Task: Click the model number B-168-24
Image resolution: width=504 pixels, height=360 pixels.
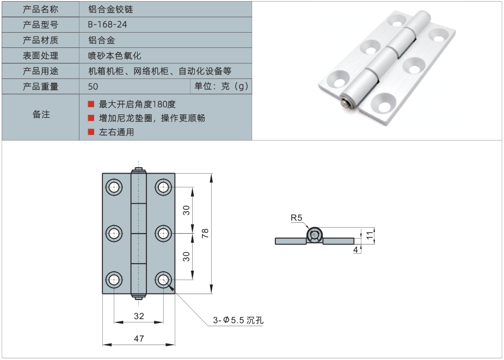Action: point(107,25)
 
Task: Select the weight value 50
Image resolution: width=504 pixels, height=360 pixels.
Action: point(93,87)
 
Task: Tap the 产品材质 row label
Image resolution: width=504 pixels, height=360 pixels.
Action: point(40,40)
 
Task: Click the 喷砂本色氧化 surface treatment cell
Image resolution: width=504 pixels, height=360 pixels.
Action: point(115,56)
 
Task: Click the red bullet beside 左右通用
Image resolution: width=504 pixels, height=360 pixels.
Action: point(91,132)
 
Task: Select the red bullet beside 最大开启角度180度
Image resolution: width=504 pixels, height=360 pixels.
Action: point(91,103)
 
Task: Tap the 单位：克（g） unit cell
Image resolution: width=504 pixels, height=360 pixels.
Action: point(221,87)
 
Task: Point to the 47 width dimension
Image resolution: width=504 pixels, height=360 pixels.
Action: point(139,339)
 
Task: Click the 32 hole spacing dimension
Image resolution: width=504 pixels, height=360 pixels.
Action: point(139,316)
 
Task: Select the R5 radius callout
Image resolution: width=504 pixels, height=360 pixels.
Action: point(296,218)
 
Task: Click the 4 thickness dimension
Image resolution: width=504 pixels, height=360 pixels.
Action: point(355,249)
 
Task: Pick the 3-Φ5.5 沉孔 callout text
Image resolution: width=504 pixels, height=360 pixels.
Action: point(238,320)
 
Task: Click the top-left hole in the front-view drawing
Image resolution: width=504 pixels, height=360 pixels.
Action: point(114,188)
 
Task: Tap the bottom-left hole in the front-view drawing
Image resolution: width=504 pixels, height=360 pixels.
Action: point(114,280)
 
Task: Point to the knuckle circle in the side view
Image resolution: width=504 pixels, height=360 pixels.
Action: point(314,235)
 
